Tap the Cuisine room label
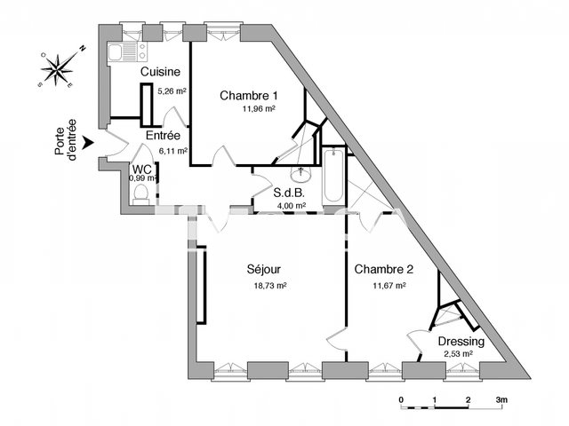161,72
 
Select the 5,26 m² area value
172,91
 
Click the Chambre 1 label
250,96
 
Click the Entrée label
164,136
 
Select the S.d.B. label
290,193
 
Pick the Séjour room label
265,269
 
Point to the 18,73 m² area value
269,286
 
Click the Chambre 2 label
383,269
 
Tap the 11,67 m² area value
389,286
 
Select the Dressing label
461,341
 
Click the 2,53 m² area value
458,354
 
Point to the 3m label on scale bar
501,399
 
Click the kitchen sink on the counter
117,55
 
